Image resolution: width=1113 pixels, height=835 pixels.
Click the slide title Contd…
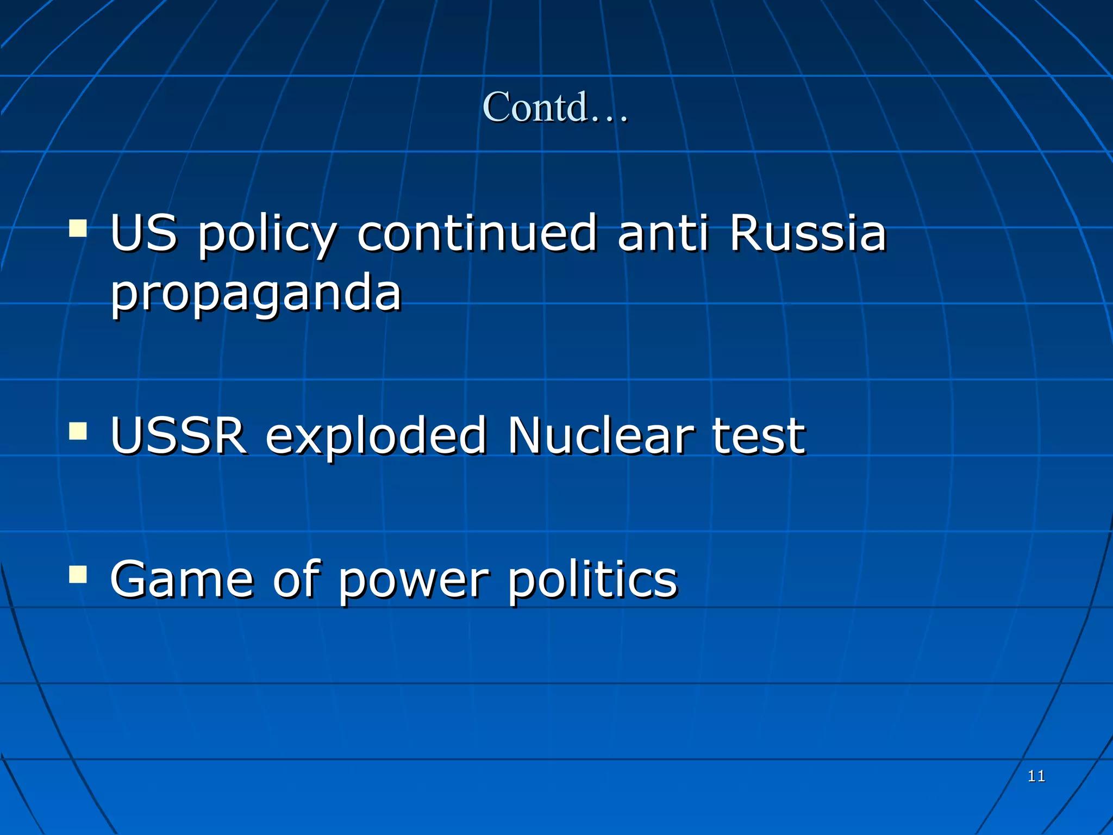(x=555, y=107)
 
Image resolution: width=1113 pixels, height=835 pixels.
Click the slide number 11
(x=1036, y=776)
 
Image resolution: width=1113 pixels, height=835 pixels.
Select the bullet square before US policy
(x=78, y=229)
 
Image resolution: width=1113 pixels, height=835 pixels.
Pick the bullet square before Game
(x=78, y=574)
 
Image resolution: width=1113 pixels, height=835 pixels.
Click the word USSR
(x=178, y=435)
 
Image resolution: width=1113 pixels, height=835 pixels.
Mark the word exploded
(x=376, y=435)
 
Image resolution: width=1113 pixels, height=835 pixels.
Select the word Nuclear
(x=601, y=435)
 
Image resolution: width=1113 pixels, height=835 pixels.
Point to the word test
(x=759, y=435)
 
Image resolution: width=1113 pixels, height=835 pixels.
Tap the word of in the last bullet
(x=297, y=579)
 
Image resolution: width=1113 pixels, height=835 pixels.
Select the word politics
(x=593, y=579)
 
